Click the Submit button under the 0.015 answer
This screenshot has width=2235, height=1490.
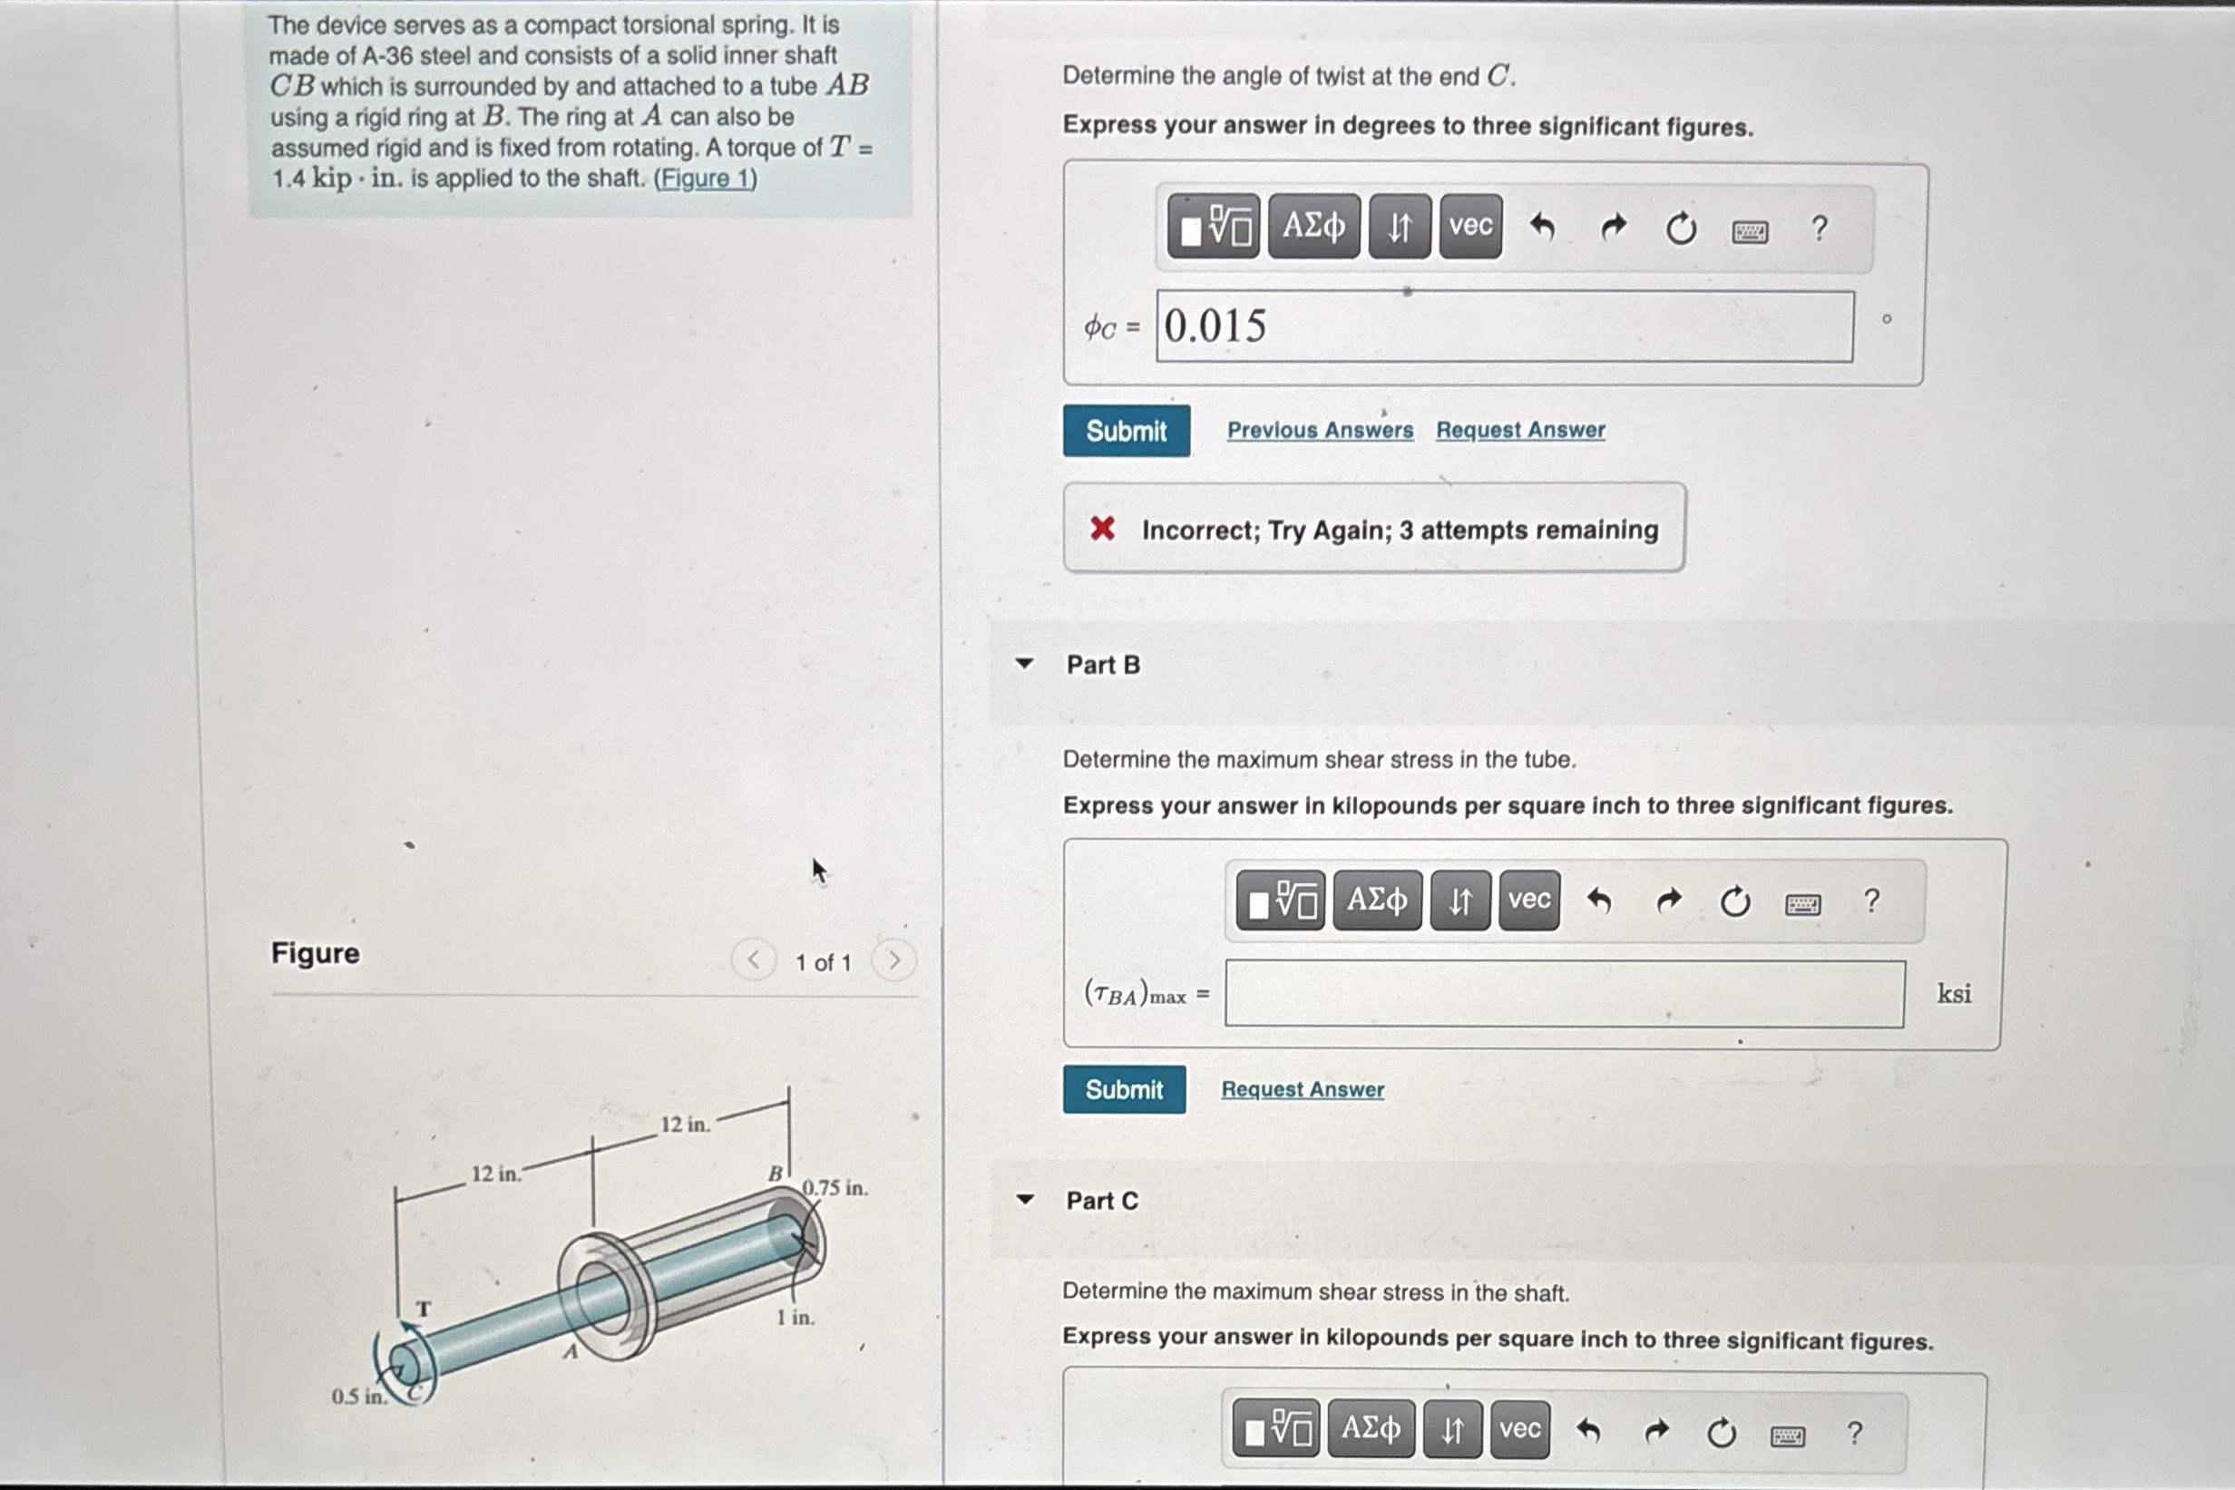pos(1126,431)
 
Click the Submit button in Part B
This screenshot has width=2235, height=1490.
pos(1124,1089)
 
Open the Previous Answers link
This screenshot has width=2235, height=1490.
pos(1320,430)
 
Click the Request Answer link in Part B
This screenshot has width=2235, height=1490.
pos(1303,1089)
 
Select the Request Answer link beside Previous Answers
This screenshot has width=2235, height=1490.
pos(1520,430)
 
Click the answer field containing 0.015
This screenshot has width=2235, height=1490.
pos(1504,326)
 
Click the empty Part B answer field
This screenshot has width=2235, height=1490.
pos(1564,994)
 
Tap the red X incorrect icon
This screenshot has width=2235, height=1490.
pos(1102,529)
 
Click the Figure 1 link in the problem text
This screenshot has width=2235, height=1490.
pos(705,179)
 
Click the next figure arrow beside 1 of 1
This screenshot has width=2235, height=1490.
pos(894,960)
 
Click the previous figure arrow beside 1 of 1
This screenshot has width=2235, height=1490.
pos(754,960)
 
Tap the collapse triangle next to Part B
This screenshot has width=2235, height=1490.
pos(1024,663)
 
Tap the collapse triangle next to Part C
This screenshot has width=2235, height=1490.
pos(1024,1199)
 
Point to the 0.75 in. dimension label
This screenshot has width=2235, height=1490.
pos(835,1188)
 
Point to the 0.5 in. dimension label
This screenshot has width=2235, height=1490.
pos(359,1396)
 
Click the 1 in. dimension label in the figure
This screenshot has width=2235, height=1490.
pos(795,1317)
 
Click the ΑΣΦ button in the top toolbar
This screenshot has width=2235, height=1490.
pos(1313,226)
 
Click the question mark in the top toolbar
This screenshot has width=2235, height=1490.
pos(1819,228)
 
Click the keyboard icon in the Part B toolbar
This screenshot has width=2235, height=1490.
pos(1802,902)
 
